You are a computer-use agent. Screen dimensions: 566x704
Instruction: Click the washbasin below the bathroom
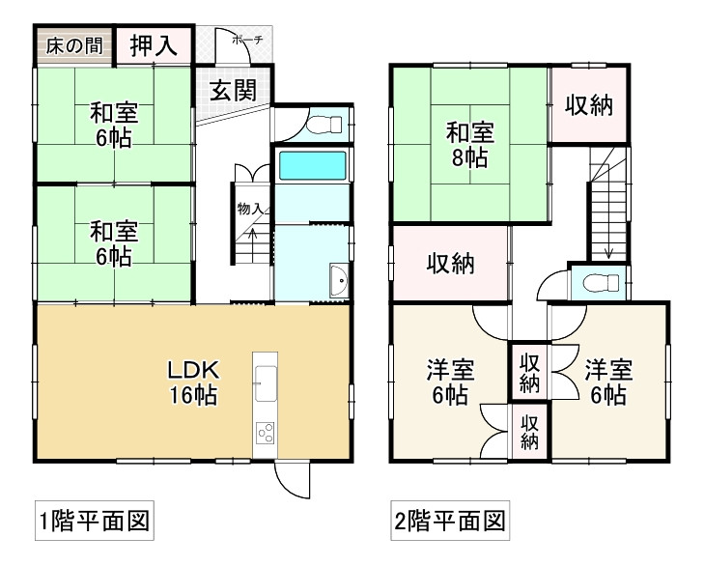[x=338, y=281]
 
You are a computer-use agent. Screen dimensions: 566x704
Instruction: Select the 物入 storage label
[x=249, y=208]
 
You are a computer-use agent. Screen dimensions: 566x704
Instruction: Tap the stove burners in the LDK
[x=266, y=434]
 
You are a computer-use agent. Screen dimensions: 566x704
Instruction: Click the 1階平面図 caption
[x=93, y=523]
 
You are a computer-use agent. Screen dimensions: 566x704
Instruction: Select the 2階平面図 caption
[x=449, y=523]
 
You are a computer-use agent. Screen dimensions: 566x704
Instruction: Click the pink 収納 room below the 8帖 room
[x=450, y=263]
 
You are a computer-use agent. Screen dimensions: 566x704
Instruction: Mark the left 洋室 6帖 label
[x=450, y=382]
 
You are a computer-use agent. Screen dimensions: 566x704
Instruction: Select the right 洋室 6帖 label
[x=607, y=382]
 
